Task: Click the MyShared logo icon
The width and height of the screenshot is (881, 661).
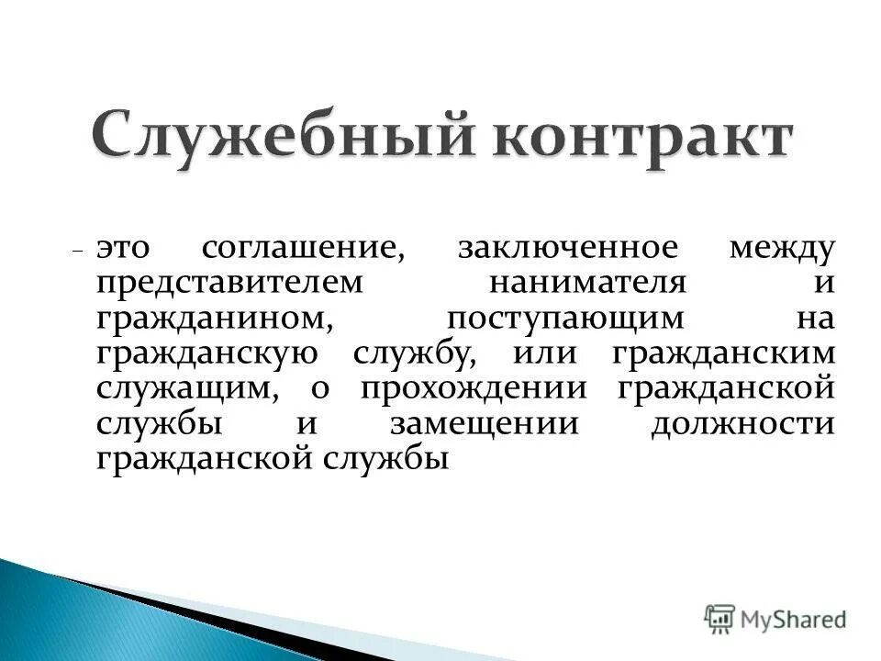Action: click(x=719, y=618)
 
